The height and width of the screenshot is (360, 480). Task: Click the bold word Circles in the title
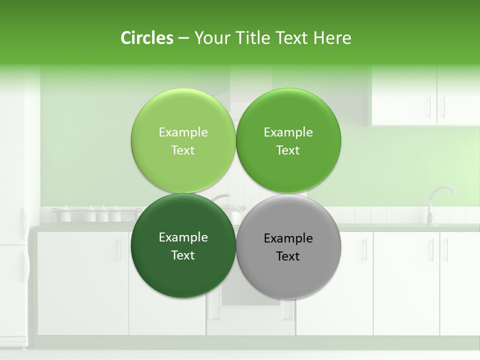[146, 38]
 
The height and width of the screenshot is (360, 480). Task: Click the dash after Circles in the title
[183, 38]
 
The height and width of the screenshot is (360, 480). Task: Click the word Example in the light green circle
[183, 132]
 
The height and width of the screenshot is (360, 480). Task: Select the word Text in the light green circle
[183, 150]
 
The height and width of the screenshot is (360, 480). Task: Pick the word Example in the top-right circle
[288, 132]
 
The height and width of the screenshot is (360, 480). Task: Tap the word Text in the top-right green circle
[288, 150]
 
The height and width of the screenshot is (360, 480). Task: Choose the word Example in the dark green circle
[183, 237]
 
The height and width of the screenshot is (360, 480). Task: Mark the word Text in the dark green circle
[183, 255]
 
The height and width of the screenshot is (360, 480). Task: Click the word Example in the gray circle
[288, 238]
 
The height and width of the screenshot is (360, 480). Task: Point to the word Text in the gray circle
[288, 256]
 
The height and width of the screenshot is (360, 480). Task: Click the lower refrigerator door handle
[23, 265]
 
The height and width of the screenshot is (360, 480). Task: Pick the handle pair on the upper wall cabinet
[436, 106]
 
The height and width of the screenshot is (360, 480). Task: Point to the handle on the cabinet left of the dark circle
[119, 249]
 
